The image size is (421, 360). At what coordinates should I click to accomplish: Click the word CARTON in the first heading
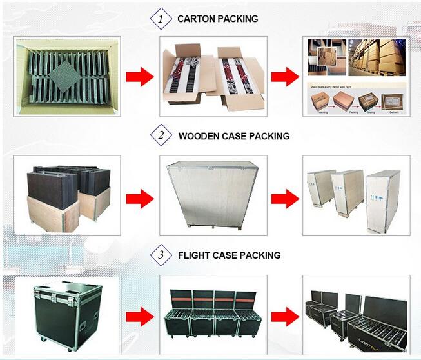click(197, 19)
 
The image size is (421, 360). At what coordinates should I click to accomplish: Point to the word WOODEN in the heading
click(201, 136)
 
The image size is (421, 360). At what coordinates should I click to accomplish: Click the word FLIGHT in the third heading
click(195, 255)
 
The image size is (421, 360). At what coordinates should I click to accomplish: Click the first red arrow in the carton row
click(139, 77)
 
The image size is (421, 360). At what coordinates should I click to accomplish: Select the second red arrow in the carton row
click(284, 77)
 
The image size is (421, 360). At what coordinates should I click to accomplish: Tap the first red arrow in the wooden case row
click(139, 196)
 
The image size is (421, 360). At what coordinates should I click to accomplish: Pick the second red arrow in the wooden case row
click(284, 196)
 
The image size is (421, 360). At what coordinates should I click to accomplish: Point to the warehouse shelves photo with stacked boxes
click(377, 57)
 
